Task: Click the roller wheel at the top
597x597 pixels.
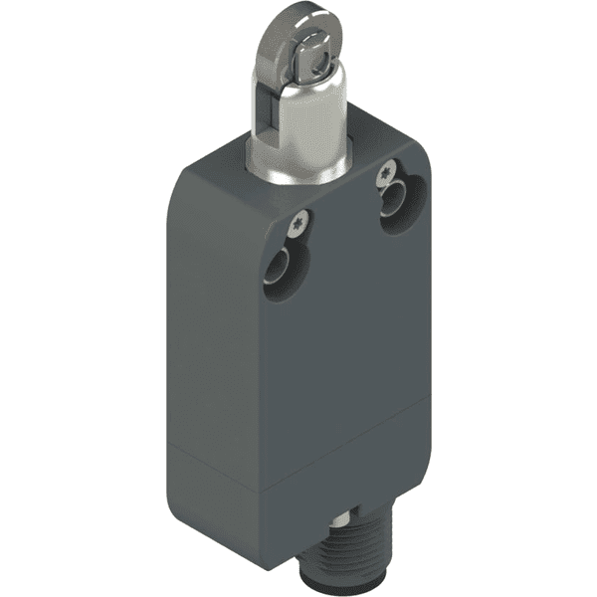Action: (288, 45)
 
